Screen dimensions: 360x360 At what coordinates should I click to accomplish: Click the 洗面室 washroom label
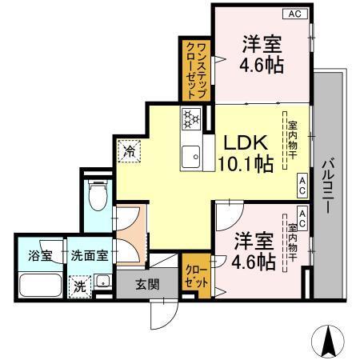tap(88, 257)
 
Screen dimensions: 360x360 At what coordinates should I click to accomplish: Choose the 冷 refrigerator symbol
tap(129, 149)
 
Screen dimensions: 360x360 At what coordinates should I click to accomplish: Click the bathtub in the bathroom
tap(40, 286)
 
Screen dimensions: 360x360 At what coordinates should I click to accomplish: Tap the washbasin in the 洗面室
tap(102, 282)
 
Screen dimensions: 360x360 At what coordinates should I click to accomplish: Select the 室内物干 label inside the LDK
tap(293, 140)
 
